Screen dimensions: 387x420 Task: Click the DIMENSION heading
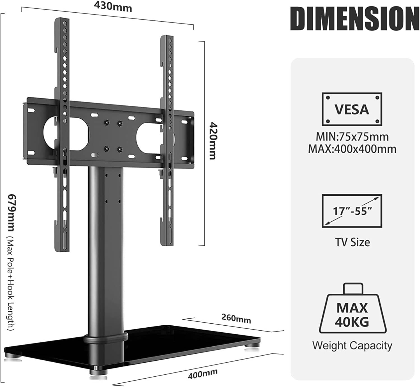(354, 18)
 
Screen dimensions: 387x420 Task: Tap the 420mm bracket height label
(213, 141)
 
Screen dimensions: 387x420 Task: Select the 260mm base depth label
(236, 318)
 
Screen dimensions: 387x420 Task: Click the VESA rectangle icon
(352, 109)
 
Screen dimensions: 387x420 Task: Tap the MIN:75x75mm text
(352, 137)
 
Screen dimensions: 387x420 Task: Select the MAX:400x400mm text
(352, 149)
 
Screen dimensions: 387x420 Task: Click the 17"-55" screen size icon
(352, 211)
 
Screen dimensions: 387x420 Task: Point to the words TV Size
(352, 242)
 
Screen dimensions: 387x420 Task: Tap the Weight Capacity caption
(352, 346)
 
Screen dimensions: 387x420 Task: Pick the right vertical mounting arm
(167, 140)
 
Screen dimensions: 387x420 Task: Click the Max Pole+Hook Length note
(11, 283)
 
